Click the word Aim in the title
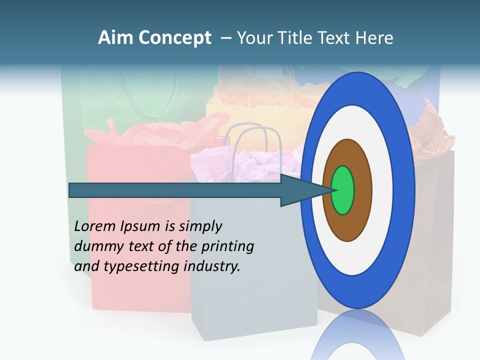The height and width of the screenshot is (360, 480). click(115, 38)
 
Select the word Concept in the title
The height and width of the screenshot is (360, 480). click(175, 38)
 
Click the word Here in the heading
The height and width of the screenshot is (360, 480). click(375, 38)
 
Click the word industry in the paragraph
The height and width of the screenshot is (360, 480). click(212, 266)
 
